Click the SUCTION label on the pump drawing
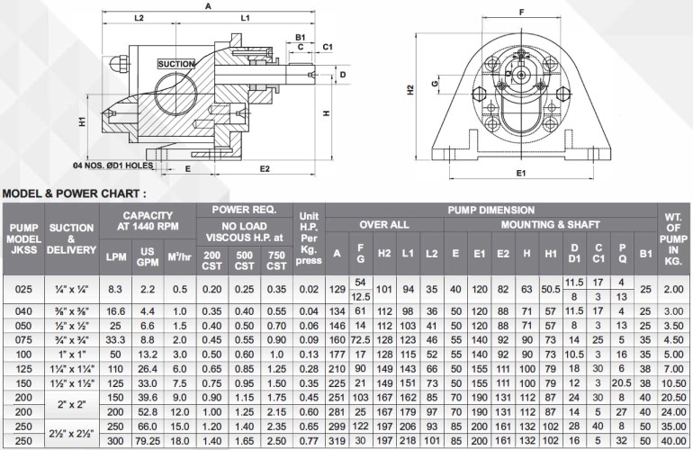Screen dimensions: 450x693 [175, 64]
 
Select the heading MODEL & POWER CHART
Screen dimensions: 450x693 [74, 193]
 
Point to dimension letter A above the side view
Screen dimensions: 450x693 [208, 5]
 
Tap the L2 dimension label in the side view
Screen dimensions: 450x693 [139, 18]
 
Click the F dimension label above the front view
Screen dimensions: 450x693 [521, 12]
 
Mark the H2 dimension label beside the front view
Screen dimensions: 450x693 [410, 90]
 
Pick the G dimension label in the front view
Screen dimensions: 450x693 [435, 84]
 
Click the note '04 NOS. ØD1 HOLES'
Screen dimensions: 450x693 [114, 166]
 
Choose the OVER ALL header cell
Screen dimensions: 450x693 [384, 223]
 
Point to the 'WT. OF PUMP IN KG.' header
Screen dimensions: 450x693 [671, 236]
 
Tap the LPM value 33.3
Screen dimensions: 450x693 [115, 341]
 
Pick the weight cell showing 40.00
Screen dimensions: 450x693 [671, 442]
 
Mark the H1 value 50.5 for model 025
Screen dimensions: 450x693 [550, 289]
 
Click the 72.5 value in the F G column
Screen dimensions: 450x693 [361, 341]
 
